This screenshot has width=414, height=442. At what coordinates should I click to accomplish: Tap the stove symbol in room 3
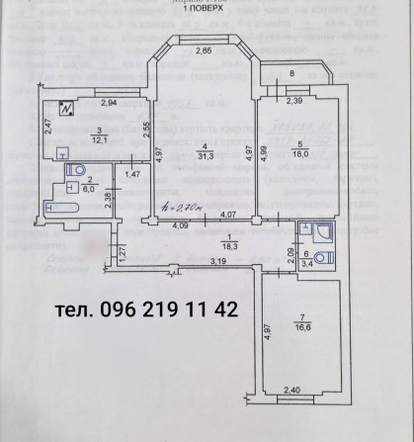pos(66,109)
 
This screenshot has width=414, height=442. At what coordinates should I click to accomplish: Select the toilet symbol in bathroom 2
pos(72,171)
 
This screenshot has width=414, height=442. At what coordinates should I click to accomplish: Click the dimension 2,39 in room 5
pos(292,101)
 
